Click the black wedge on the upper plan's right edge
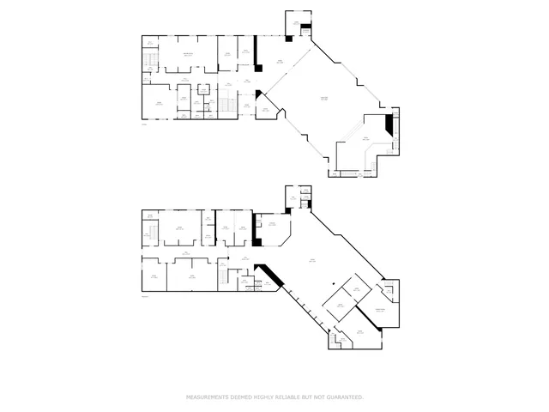click(389, 126)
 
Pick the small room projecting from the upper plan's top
click(297, 24)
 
